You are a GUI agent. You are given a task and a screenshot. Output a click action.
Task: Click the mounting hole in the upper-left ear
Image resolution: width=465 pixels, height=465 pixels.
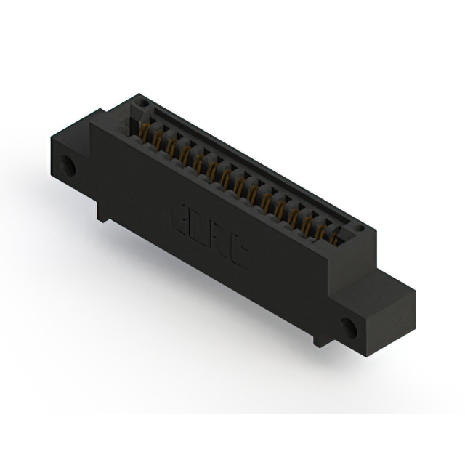(71, 166)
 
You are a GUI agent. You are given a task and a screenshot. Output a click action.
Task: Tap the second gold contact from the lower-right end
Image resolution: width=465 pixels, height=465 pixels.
(322, 227)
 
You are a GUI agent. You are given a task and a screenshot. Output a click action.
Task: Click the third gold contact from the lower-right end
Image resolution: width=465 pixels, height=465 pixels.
(308, 219)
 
